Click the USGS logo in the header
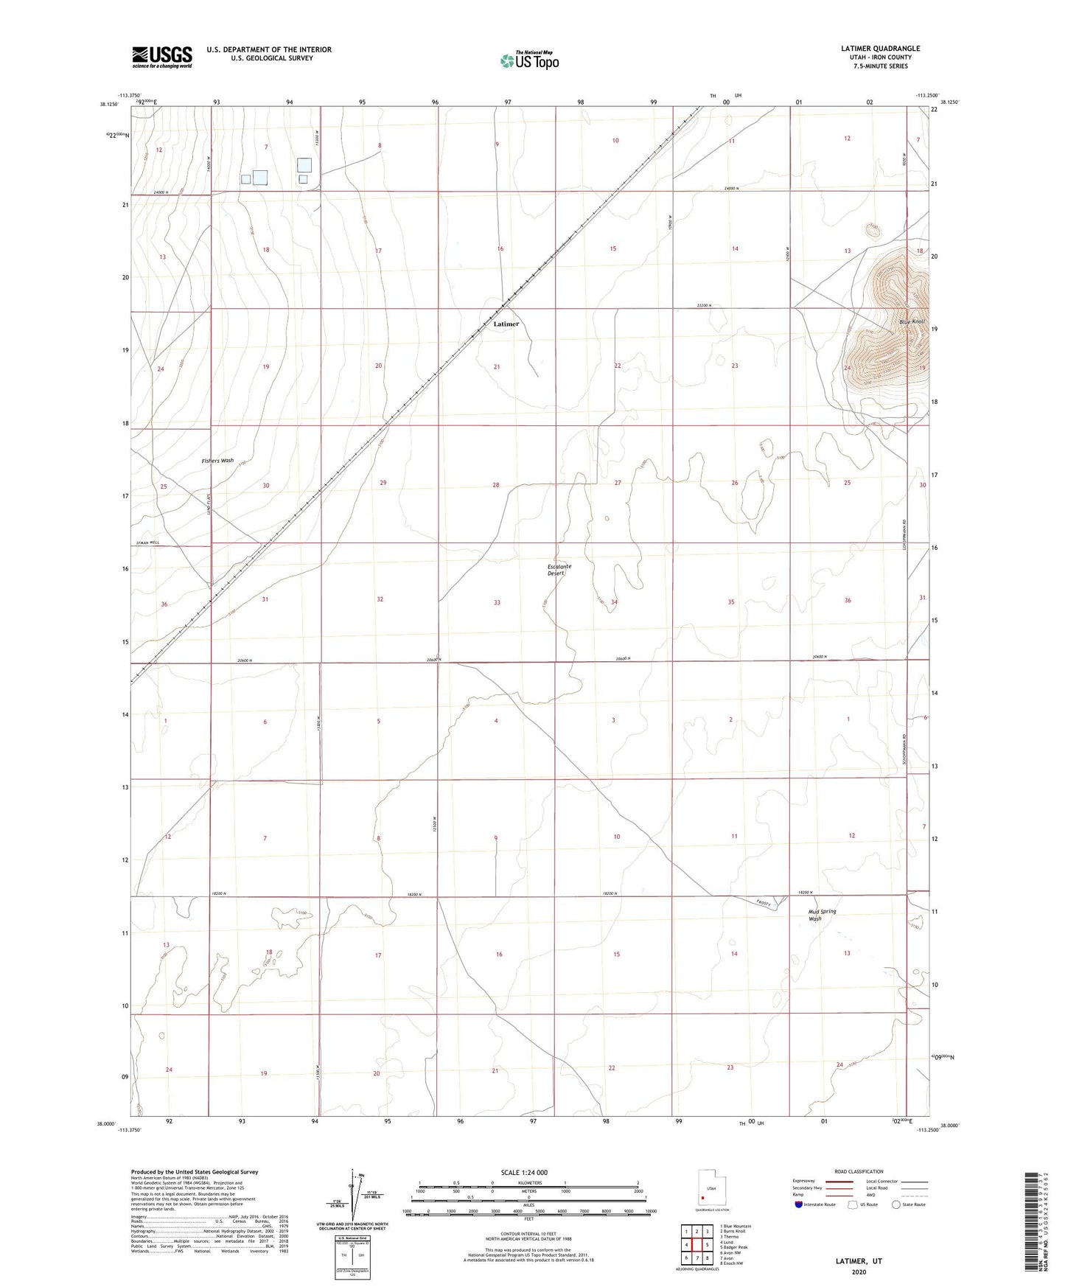pyautogui.click(x=162, y=56)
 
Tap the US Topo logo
pyautogui.click(x=529, y=60)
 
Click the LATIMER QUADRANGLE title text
pyautogui.click(x=880, y=49)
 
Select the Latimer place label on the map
pyautogui.click(x=506, y=324)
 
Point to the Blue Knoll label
pyautogui.click(x=912, y=322)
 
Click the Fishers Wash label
pyautogui.click(x=217, y=461)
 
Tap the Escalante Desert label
pyautogui.click(x=559, y=570)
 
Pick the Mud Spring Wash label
pyautogui.click(x=822, y=915)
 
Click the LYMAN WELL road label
pyautogui.click(x=147, y=543)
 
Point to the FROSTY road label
pyautogui.click(x=763, y=903)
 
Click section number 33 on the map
pyautogui.click(x=497, y=602)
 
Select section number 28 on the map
pyautogui.click(x=496, y=485)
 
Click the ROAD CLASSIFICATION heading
pyautogui.click(x=859, y=1172)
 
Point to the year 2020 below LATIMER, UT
pyautogui.click(x=859, y=1272)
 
